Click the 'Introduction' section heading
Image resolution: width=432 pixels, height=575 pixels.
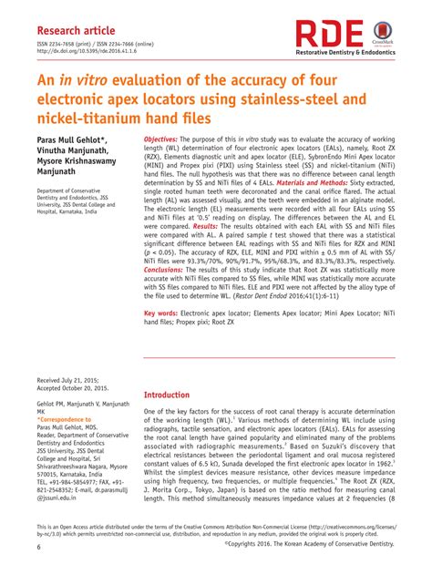(x=177, y=396)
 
